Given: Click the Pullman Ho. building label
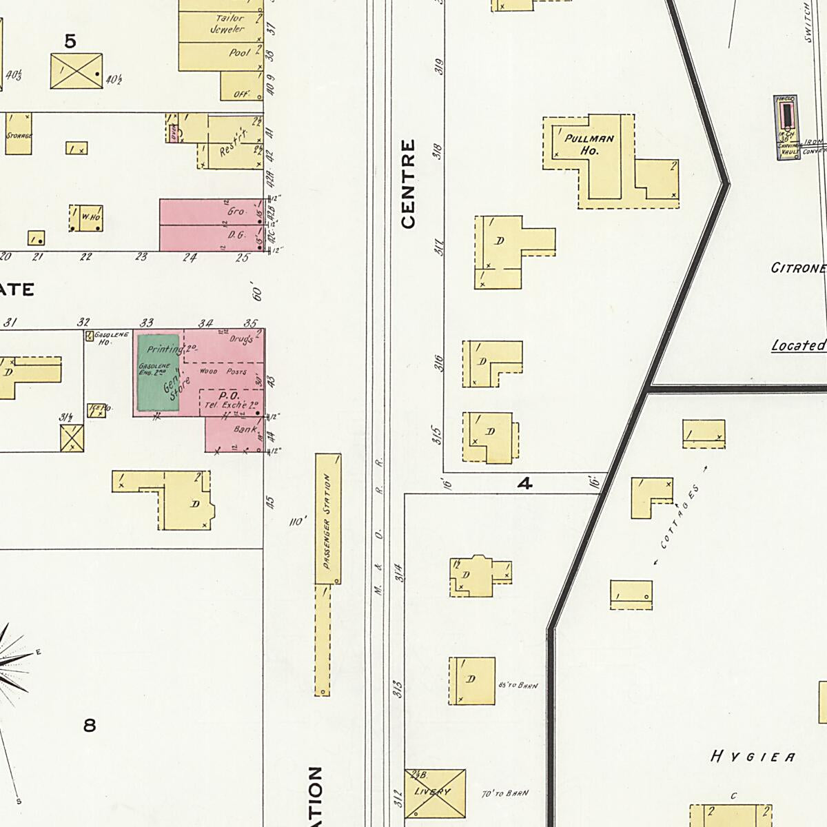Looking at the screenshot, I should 589,144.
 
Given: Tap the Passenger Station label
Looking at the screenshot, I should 327,522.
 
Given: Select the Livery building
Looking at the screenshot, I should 434,793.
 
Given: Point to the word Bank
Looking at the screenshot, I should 245,429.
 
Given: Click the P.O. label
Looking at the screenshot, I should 228,396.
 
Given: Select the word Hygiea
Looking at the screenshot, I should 753,757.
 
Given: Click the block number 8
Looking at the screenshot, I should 90,725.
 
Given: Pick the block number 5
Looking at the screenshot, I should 70,42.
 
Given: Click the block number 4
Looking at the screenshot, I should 525,484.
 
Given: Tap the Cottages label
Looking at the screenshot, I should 678,517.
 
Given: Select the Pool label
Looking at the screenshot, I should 239,52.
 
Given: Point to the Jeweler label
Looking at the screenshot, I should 227,30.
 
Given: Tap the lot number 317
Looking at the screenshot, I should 438,246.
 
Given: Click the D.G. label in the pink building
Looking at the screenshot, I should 236,235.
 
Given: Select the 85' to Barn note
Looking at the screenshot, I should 517,686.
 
